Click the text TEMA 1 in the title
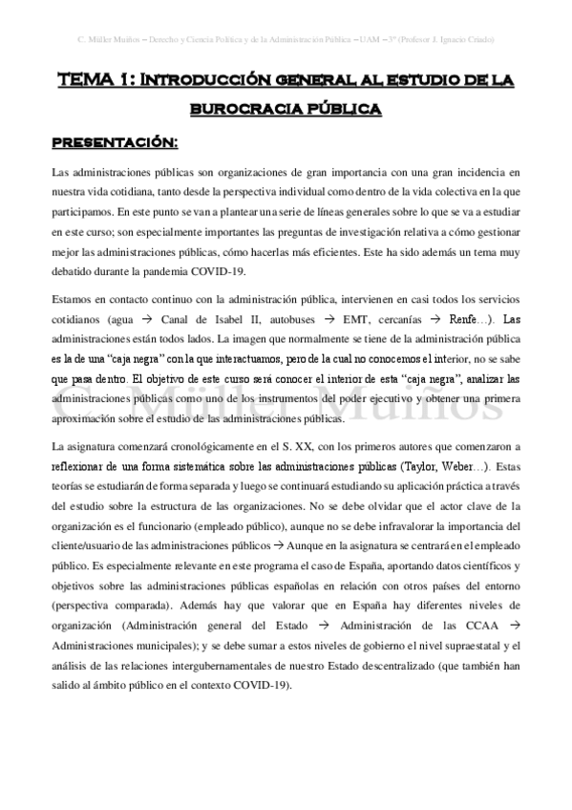(90, 82)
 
